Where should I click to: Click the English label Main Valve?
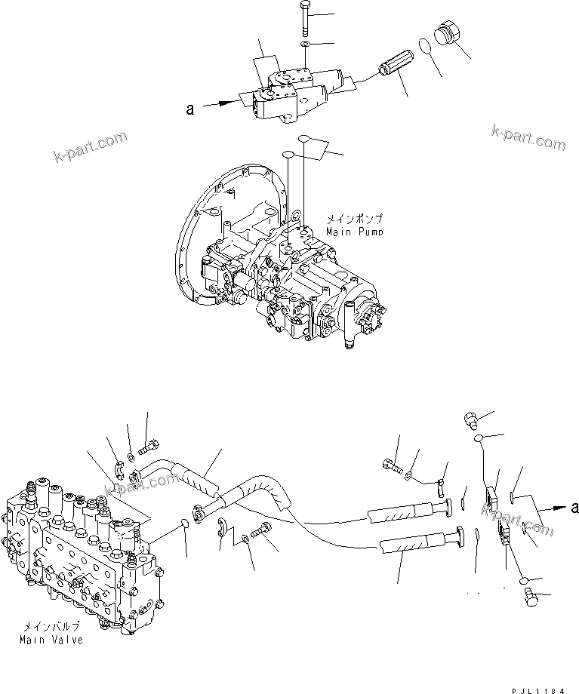pos(51,640)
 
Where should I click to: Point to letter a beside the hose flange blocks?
pos(574,508)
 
